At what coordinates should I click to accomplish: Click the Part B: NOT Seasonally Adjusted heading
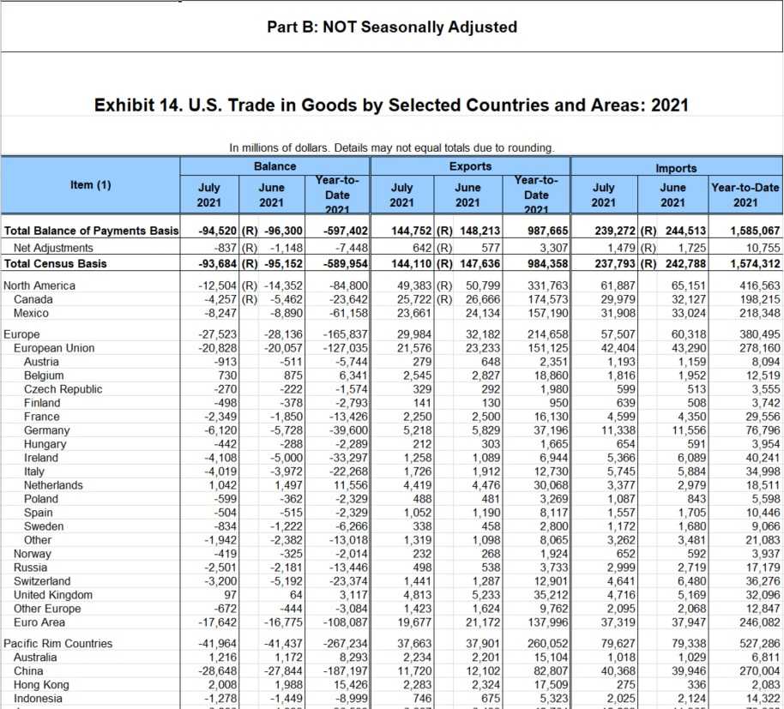392,27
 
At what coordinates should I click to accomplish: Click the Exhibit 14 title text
391,105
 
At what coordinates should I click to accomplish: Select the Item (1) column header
91,183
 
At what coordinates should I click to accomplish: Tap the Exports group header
470,165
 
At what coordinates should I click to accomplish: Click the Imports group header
676,168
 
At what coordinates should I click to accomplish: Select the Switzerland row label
43,581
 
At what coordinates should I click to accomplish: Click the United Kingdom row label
53,595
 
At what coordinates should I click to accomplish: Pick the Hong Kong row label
43,685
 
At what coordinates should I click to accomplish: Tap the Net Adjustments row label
53,248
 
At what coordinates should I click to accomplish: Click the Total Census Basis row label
56,262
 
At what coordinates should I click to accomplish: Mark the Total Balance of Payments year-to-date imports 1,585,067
755,231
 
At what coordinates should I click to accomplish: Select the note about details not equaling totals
391,147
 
